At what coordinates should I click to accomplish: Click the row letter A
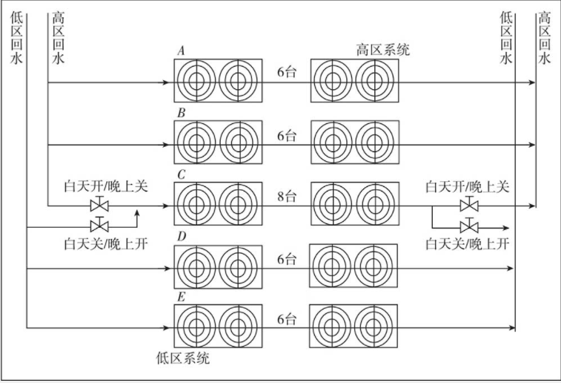181,50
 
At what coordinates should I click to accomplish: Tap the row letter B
181,113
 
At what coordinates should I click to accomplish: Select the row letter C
181,174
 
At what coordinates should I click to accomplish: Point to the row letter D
181,237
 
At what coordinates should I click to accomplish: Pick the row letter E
181,298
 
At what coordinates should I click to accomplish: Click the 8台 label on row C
286,197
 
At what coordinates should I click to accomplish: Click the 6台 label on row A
286,73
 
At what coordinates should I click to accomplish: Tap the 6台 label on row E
286,320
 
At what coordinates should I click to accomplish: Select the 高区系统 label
382,50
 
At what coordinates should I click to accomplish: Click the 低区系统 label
184,359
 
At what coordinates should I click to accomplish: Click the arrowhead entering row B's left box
169,143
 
